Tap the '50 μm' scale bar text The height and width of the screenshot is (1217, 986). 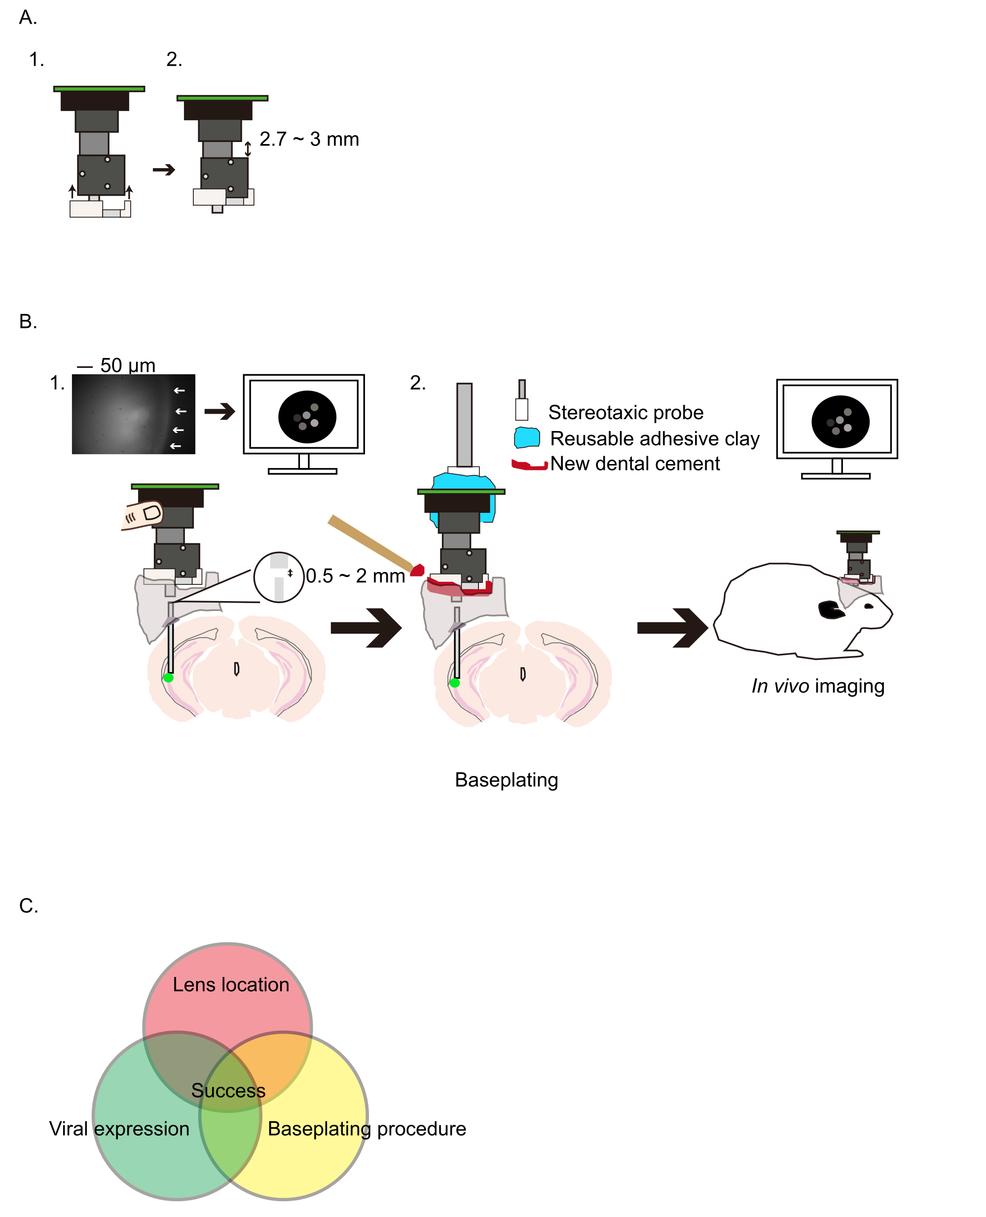127,365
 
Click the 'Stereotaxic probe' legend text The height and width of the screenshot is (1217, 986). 625,412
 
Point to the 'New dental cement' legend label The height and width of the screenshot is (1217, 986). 634,464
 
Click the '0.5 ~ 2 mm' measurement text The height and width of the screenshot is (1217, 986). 355,576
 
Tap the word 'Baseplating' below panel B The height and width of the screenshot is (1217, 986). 506,780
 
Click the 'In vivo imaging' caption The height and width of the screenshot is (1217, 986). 817,686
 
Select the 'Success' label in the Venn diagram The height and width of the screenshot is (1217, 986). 228,1090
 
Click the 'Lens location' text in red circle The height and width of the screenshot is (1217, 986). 231,984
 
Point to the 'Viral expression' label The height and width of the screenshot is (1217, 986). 119,1128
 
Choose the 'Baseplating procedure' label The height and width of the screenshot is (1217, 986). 366,1128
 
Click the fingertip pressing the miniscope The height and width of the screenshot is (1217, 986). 143,514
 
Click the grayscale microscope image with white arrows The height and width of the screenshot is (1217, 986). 134,414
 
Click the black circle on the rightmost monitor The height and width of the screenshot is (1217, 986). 840,422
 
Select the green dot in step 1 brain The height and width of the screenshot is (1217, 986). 168,678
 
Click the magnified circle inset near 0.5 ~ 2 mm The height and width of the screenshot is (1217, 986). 278,577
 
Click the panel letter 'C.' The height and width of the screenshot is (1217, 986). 29,906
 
